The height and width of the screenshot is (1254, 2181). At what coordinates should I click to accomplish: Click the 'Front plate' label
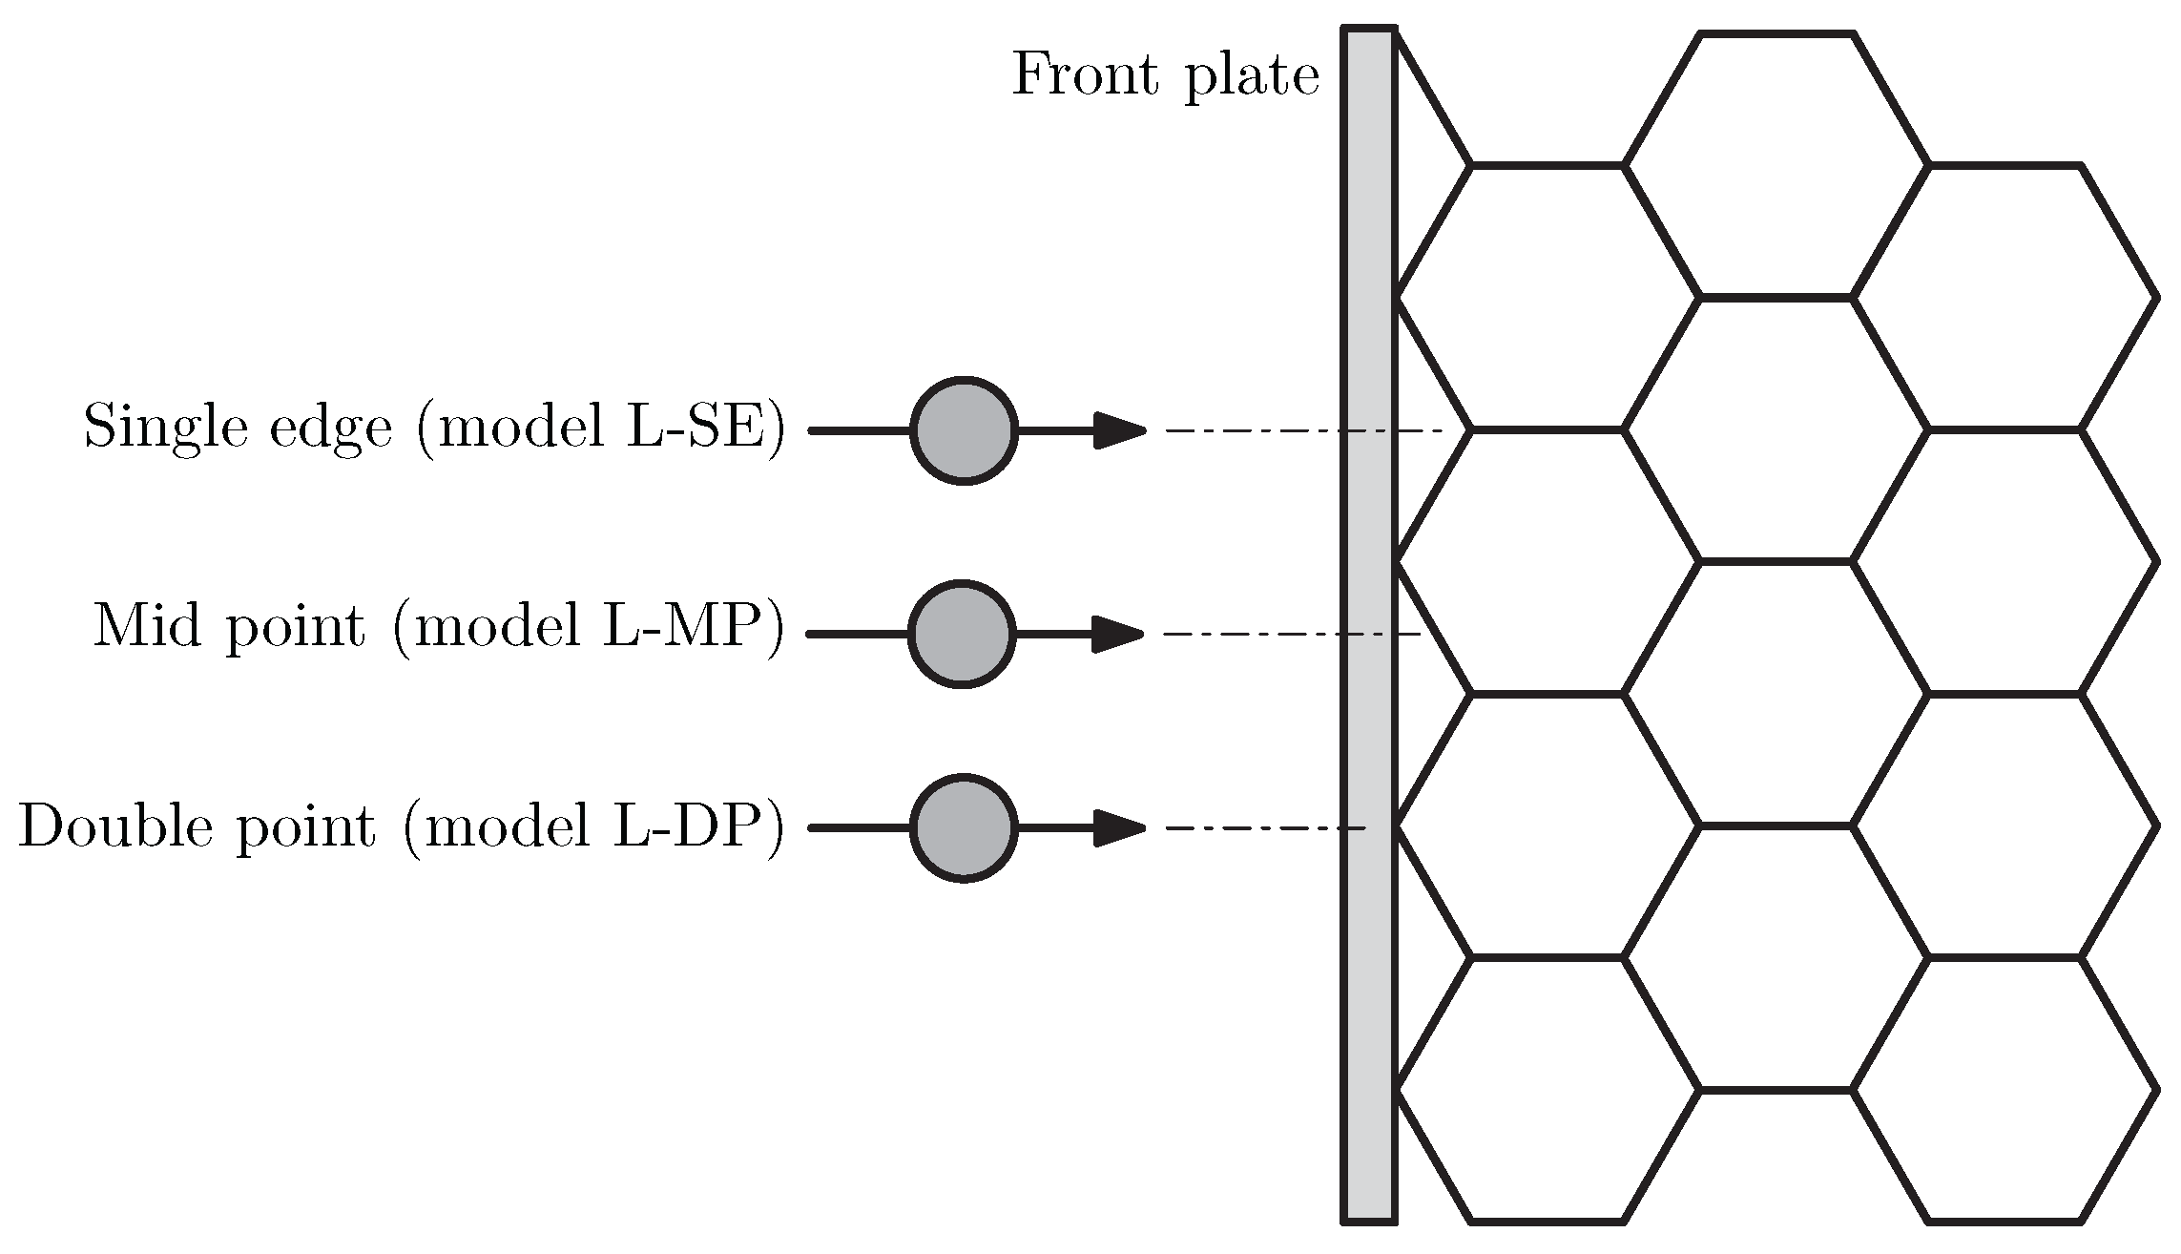click(1165, 74)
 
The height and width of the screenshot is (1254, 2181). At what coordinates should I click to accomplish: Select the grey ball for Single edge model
click(964, 431)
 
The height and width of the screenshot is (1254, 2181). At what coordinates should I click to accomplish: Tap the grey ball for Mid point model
click(962, 634)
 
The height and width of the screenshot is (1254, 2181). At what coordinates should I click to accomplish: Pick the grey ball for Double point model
click(964, 828)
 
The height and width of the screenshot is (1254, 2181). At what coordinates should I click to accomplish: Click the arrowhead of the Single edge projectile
click(1118, 430)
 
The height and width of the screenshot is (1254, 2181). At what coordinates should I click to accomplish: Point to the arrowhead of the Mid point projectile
click(1116, 634)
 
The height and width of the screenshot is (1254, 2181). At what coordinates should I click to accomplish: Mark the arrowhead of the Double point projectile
click(1118, 827)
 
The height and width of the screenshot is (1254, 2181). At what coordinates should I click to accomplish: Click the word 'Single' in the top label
click(161, 427)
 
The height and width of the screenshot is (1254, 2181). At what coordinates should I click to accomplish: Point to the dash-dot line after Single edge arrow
click(1307, 430)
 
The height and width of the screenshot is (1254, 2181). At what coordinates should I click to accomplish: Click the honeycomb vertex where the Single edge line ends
click(1470, 430)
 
